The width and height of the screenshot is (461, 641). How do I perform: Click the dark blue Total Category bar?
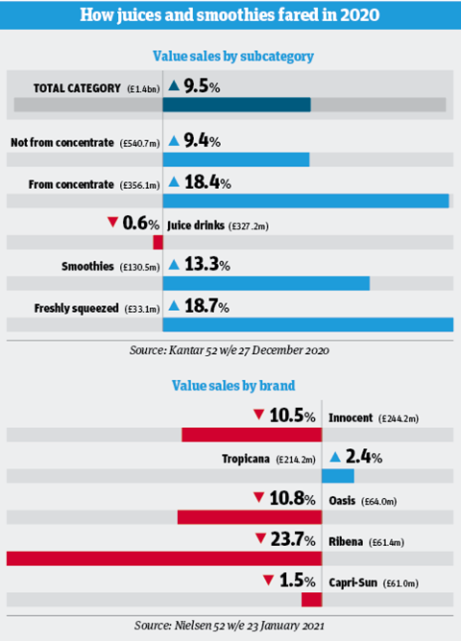click(x=236, y=105)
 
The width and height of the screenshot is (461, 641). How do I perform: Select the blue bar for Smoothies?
click(x=266, y=283)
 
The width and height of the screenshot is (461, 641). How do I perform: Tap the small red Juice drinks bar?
click(x=158, y=242)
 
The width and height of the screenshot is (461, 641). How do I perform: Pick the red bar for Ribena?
click(x=164, y=558)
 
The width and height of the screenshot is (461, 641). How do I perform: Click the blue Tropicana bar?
click(x=338, y=476)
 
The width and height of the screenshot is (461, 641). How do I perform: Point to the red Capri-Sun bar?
click(x=312, y=600)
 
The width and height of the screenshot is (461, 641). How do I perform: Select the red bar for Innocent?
click(x=252, y=435)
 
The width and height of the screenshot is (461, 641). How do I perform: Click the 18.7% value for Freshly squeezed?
click(x=206, y=306)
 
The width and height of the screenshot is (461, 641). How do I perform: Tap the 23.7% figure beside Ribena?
click(x=293, y=539)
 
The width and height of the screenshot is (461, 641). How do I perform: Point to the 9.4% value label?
click(x=202, y=141)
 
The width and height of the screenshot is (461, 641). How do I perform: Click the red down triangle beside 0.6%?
click(x=112, y=223)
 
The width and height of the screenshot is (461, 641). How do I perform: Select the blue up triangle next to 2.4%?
click(x=335, y=457)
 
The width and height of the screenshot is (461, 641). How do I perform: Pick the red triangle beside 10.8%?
click(x=258, y=497)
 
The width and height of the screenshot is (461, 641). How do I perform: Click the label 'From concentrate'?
click(x=71, y=184)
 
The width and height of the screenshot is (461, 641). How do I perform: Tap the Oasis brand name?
click(x=342, y=501)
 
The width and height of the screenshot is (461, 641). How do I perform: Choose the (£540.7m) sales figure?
click(x=139, y=144)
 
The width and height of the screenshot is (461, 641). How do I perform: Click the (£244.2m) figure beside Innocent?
click(x=399, y=418)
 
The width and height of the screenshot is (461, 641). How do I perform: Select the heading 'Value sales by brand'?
click(x=233, y=386)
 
